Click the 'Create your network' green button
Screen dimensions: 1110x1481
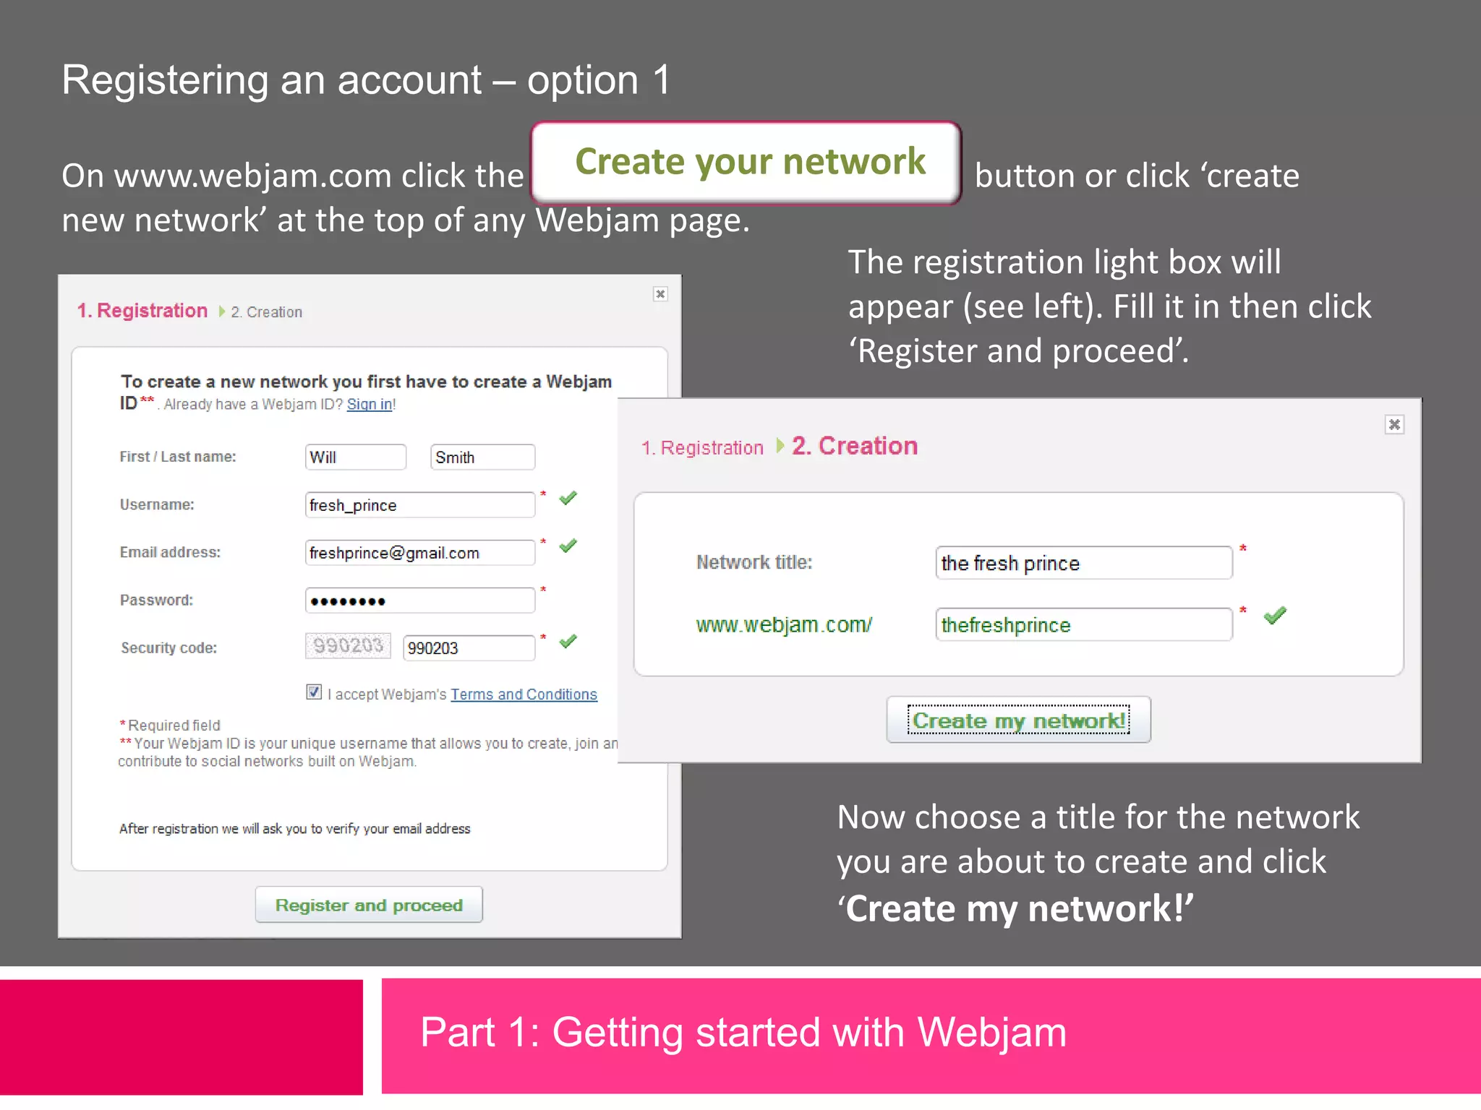[746, 162]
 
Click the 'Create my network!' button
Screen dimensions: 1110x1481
[1018, 720]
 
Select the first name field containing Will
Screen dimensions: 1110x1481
[355, 457]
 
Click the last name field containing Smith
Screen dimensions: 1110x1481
[482, 457]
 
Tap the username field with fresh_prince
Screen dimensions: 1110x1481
[419, 505]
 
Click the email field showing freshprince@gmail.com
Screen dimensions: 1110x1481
[419, 553]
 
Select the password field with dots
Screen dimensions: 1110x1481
[419, 601]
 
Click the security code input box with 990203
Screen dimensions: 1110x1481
[469, 648]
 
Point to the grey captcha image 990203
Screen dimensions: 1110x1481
[348, 645]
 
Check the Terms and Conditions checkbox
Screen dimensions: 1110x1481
[314, 692]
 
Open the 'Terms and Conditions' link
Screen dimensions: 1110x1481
[524, 694]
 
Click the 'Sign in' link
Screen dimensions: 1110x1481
[370, 405]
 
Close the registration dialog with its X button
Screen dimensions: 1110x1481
[660, 294]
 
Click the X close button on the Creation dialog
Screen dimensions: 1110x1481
[1394, 425]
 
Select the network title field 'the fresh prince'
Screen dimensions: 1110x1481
[1083, 563]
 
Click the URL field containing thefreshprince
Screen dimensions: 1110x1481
[1083, 625]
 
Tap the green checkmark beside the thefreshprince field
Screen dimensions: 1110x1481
[1275, 616]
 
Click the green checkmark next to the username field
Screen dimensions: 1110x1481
[568, 498]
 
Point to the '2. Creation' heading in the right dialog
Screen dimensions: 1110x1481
[855, 446]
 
